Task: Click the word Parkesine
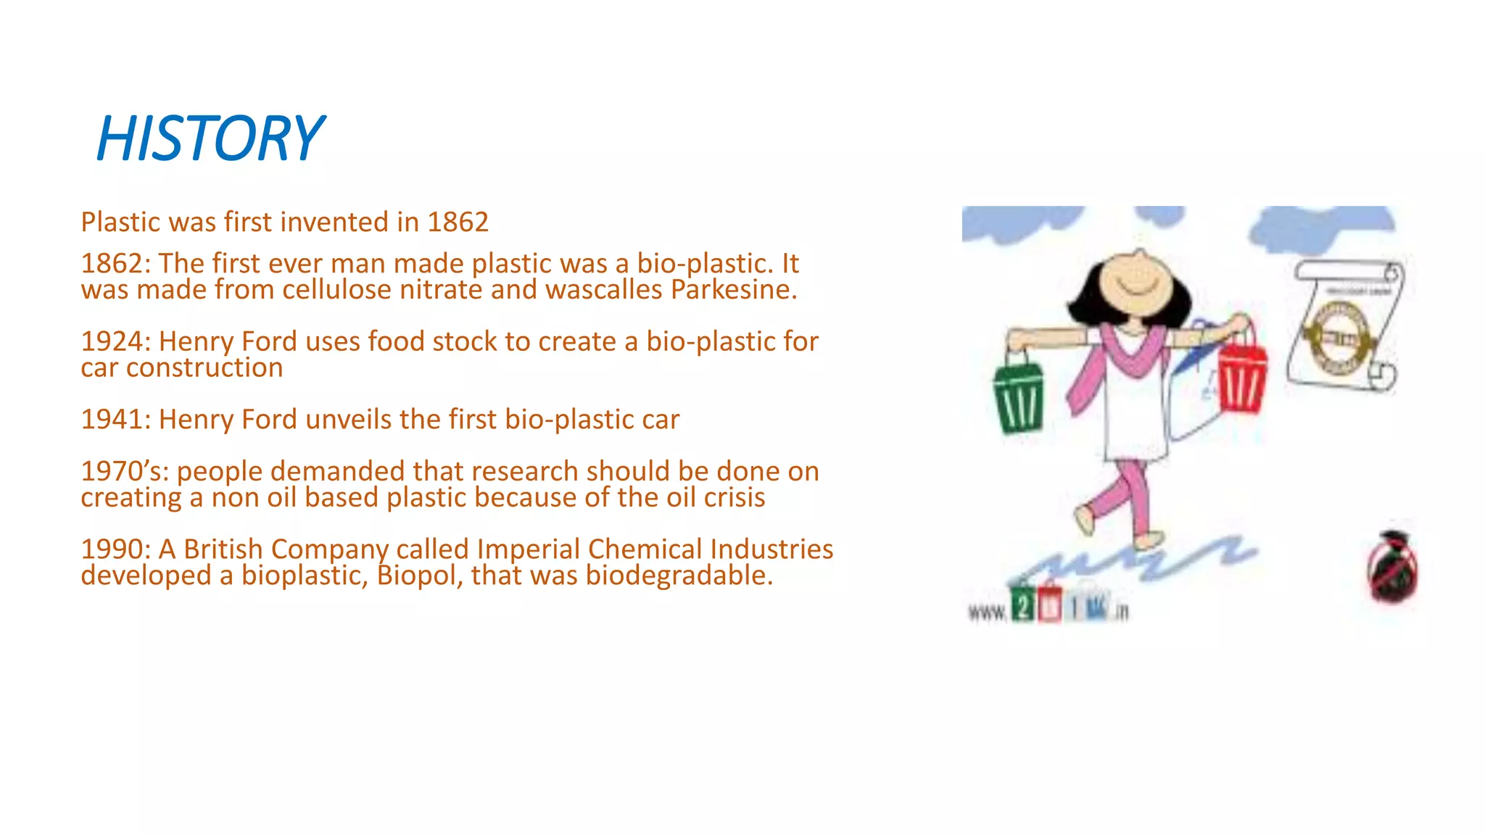coord(733,290)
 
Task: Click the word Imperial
coord(529,549)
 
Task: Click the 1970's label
coord(125,472)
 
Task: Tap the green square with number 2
coord(1022,606)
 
